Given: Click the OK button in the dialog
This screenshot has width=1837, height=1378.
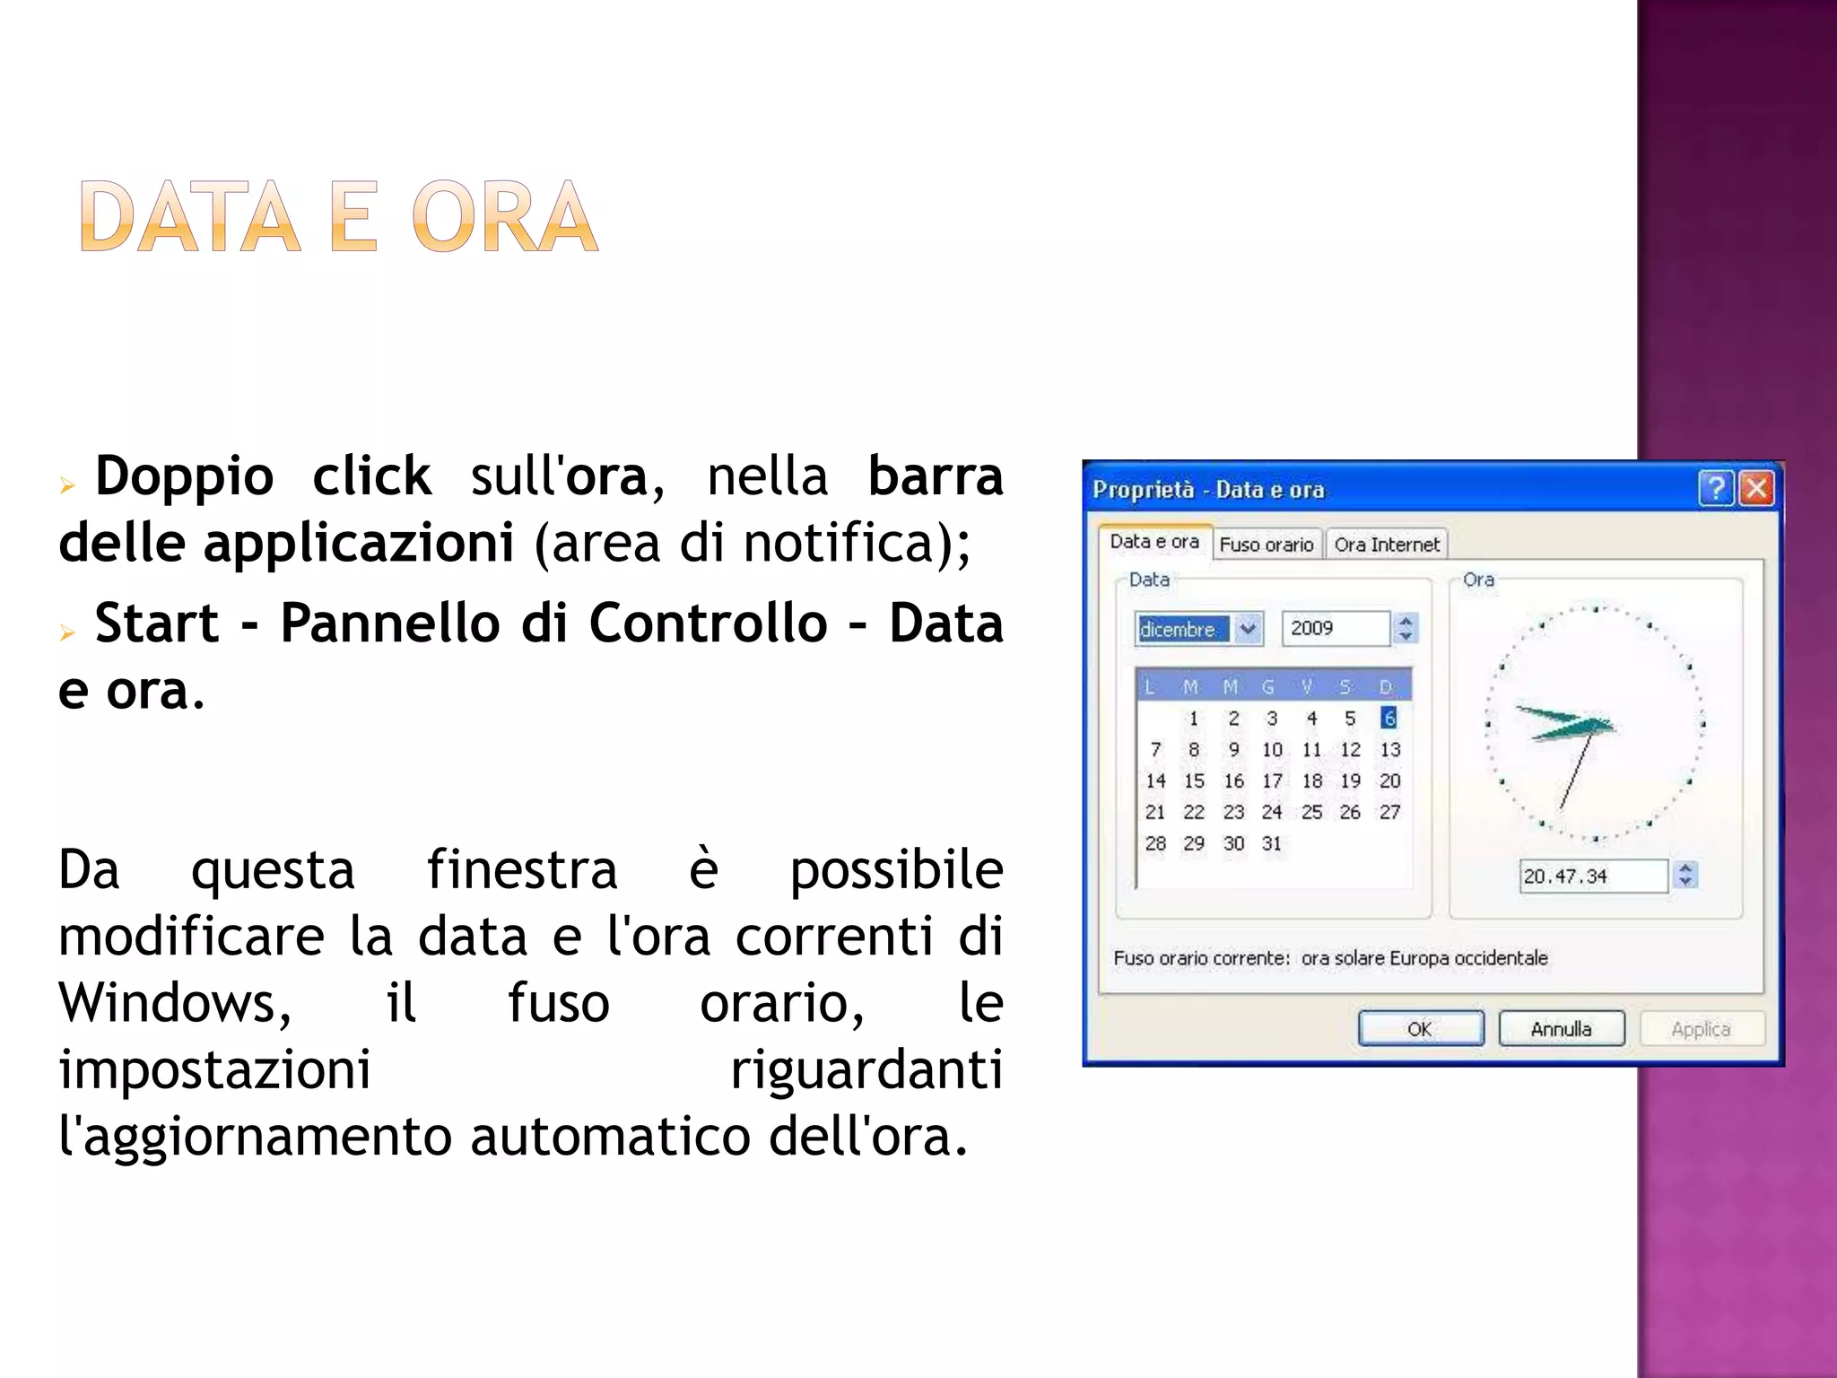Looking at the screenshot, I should [x=1420, y=1028].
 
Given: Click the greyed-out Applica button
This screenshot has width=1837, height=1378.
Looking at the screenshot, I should [x=1701, y=1028].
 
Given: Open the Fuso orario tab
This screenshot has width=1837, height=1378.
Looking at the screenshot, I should [x=1266, y=545].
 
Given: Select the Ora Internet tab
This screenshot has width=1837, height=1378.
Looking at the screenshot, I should [x=1386, y=545].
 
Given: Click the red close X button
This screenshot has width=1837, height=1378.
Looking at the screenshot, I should [x=1755, y=489].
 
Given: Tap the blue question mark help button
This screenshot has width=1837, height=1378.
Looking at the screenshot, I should [x=1715, y=489].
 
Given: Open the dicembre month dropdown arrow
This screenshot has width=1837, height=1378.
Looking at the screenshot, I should [x=1248, y=629].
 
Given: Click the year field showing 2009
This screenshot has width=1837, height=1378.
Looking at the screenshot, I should [x=1335, y=628].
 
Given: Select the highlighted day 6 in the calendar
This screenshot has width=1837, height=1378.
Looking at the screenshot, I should [x=1389, y=718].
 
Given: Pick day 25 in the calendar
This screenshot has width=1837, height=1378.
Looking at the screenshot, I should [x=1311, y=812].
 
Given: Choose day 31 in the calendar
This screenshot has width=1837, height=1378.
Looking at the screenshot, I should [x=1272, y=843].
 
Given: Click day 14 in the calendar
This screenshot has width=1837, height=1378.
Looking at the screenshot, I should [x=1155, y=781].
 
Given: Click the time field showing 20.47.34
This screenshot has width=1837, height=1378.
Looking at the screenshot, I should [x=1591, y=876].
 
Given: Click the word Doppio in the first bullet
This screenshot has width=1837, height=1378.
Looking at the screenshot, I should [x=184, y=475].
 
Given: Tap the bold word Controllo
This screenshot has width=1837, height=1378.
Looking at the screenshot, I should [x=708, y=623].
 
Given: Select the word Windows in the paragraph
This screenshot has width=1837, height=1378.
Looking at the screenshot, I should [x=174, y=1002].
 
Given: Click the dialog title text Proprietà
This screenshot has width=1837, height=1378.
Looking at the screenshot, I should [x=1143, y=490].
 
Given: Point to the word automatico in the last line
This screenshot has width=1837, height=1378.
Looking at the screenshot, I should [x=609, y=1136].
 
